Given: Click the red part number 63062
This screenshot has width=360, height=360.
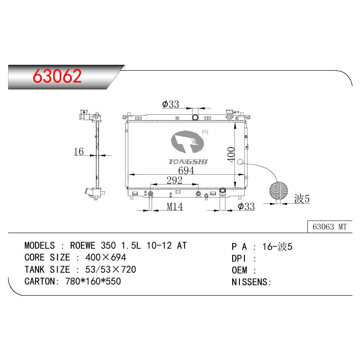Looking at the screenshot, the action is pos(57,76).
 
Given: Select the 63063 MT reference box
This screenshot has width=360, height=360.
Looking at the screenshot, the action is pos(330,227).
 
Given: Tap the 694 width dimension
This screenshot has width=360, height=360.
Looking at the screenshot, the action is pos(186,171).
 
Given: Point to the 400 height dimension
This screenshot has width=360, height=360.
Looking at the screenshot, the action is pos(231,154).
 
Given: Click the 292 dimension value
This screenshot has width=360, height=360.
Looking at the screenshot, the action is pos(174,180).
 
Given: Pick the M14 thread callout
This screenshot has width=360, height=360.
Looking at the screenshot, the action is pos(175,207).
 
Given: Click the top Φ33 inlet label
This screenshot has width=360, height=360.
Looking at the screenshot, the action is pos(171,104).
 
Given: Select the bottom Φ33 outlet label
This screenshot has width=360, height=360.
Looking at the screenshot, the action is pos(246,207).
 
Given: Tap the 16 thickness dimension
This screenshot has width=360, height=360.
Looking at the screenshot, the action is pos(79,152).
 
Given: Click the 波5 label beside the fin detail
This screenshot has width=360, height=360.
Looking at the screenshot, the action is pos(302,198).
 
